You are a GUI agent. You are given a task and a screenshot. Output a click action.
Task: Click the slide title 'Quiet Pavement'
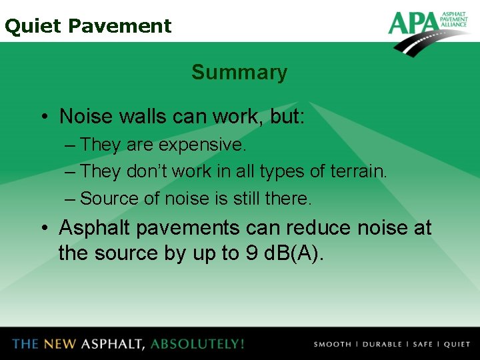(x=87, y=26)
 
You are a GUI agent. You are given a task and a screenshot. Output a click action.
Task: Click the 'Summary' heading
(x=239, y=72)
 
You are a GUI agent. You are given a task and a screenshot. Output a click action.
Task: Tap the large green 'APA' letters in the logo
(x=413, y=23)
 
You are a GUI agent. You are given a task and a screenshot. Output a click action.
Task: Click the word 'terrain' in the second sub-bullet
(x=357, y=171)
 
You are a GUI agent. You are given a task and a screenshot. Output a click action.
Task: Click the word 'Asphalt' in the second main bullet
(x=95, y=228)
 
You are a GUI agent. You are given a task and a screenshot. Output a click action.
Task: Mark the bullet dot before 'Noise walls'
(x=43, y=117)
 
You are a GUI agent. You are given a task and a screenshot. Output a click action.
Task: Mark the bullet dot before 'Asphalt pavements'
(x=43, y=229)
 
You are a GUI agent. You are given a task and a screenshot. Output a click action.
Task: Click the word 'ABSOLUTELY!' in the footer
(x=197, y=344)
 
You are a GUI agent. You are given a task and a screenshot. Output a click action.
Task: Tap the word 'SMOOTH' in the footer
(x=332, y=345)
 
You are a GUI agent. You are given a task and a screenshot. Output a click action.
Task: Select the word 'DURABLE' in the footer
(x=381, y=345)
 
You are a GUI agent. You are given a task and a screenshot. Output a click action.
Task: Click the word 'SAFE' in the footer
(x=423, y=345)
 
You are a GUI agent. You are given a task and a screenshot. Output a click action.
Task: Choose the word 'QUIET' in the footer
(x=457, y=345)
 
